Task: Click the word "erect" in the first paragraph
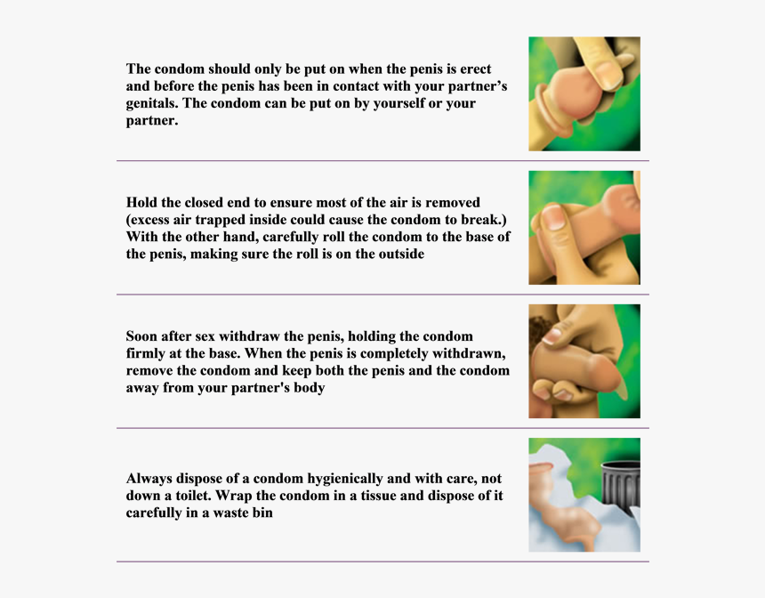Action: click(x=476, y=69)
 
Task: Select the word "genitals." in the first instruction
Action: click(x=152, y=104)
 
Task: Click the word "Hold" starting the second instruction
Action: click(x=140, y=202)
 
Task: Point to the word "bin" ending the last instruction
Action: click(x=262, y=513)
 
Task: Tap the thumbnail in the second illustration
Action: click(x=552, y=217)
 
